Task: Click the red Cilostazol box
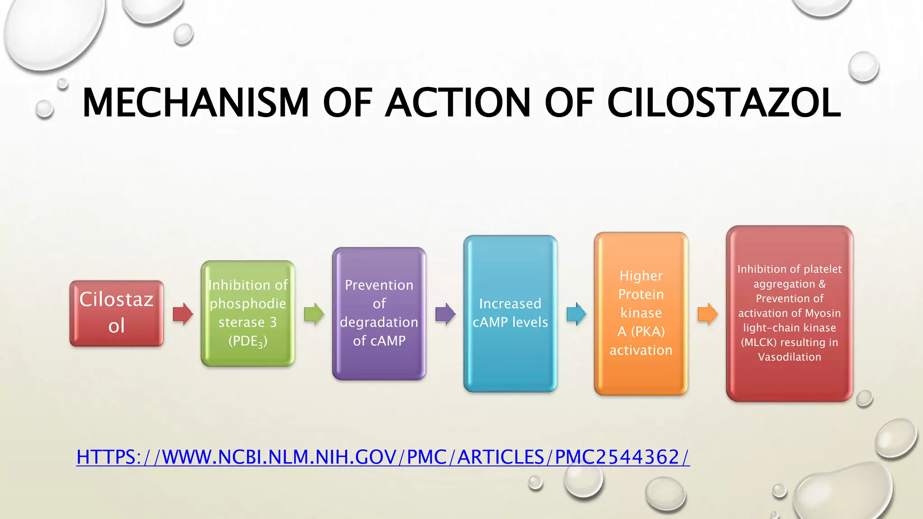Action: click(x=116, y=313)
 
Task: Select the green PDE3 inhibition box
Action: click(x=247, y=313)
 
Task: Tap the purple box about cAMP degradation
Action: click(x=379, y=313)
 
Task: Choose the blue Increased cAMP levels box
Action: click(x=510, y=313)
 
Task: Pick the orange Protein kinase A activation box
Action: click(x=641, y=313)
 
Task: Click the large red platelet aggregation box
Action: click(x=789, y=313)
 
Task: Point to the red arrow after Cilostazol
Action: click(x=183, y=314)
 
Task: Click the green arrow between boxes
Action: click(x=314, y=314)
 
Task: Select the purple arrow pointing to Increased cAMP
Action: click(x=445, y=314)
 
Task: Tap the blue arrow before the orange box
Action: click(x=576, y=314)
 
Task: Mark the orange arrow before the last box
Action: click(x=707, y=314)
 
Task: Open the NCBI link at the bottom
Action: click(x=383, y=457)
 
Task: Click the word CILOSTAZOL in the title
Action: click(x=724, y=103)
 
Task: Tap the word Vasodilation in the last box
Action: click(x=789, y=357)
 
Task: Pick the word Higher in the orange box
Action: click(x=641, y=276)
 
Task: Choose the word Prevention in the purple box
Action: click(x=379, y=285)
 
